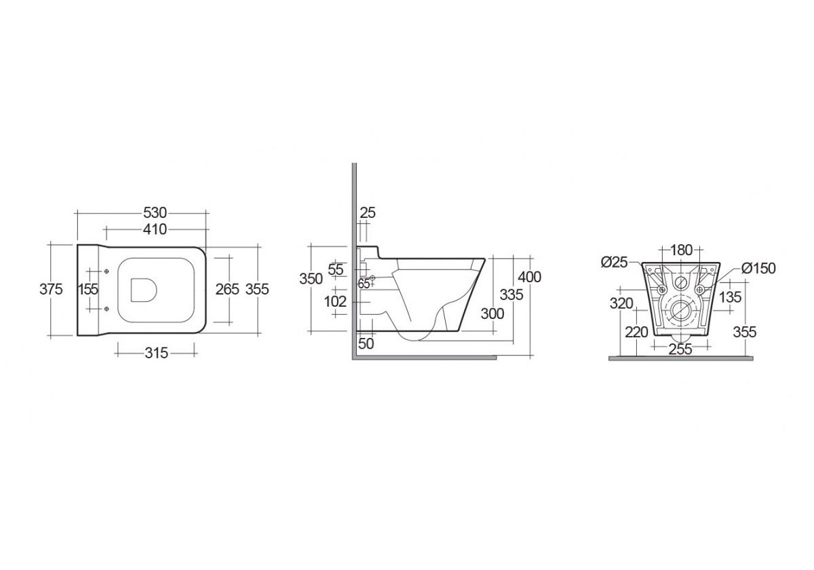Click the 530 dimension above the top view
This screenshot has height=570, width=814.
[x=155, y=212]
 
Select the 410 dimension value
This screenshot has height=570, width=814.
[x=155, y=229]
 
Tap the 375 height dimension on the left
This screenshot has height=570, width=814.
[x=51, y=289]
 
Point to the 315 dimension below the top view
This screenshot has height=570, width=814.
[x=156, y=353]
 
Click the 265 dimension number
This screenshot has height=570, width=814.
[x=227, y=289]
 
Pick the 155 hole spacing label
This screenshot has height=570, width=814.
[x=89, y=289]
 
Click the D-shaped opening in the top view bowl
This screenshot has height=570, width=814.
[x=144, y=290]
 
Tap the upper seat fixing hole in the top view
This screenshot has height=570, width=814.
[x=106, y=271]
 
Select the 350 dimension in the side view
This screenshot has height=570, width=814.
[x=311, y=279]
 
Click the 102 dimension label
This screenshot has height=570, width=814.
[x=335, y=301]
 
